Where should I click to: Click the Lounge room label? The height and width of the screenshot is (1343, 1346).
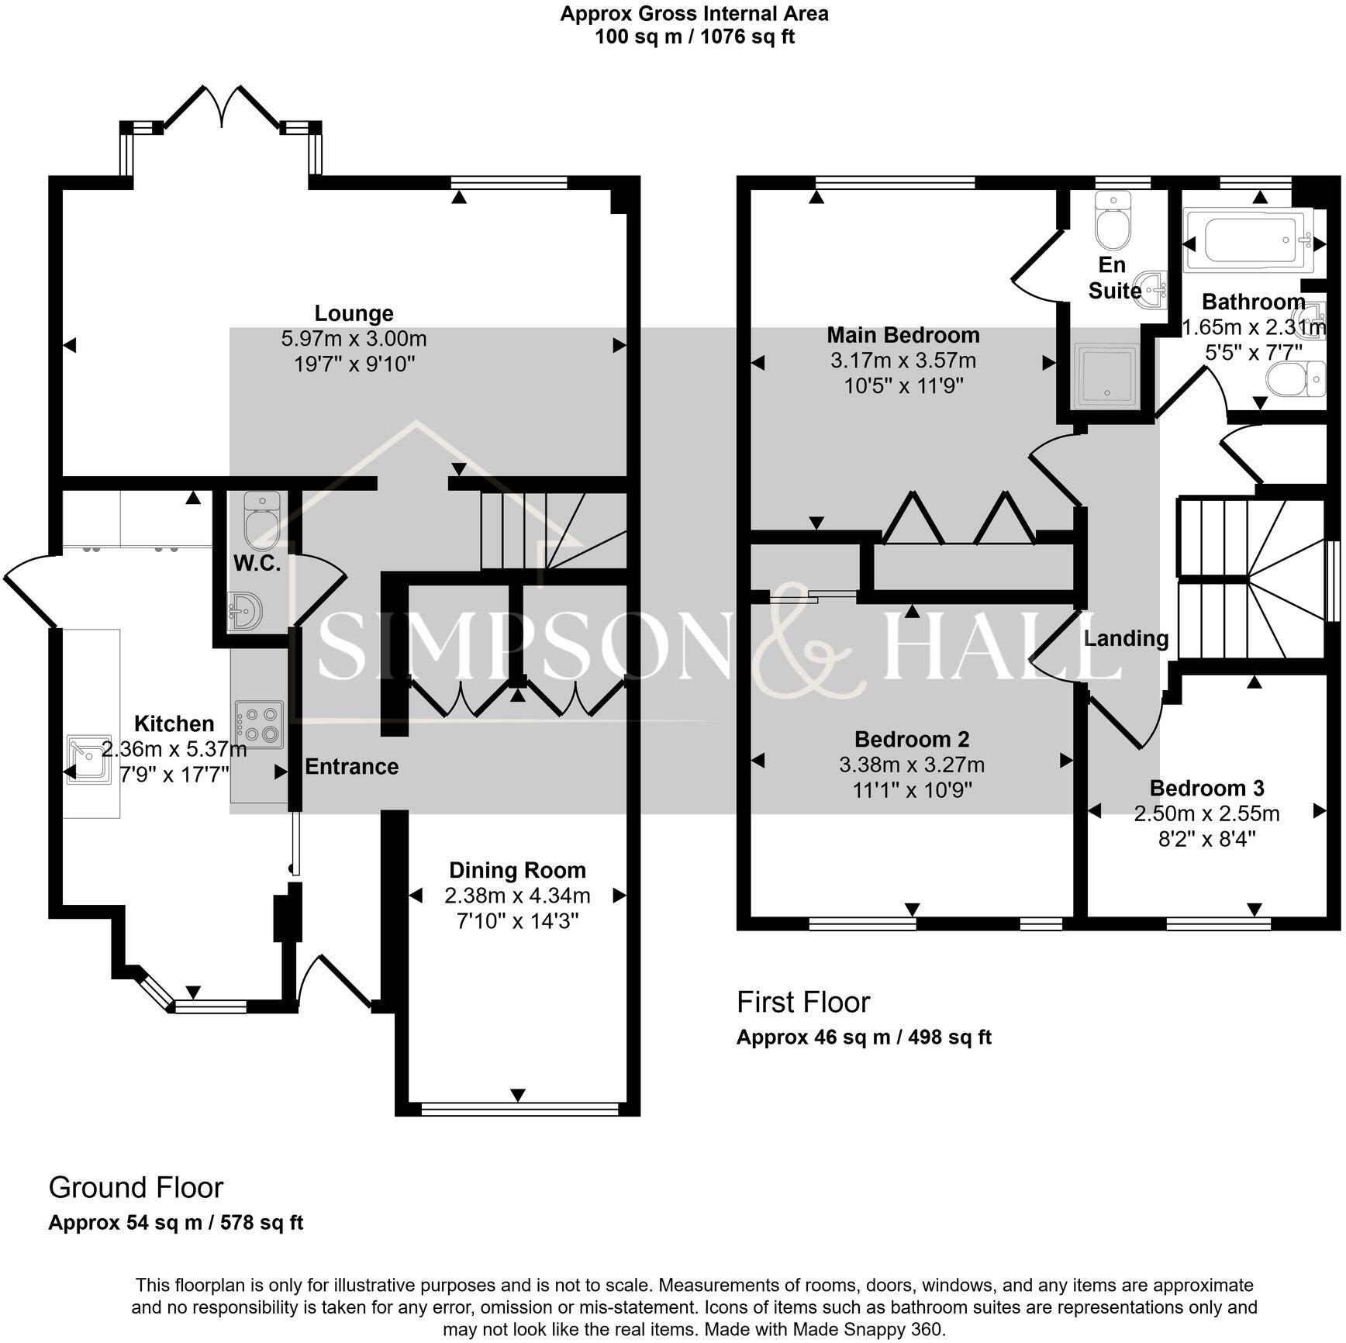pyautogui.click(x=354, y=313)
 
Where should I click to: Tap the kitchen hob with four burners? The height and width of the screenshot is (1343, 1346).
pyautogui.click(x=259, y=726)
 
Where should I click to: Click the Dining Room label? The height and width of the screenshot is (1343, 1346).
pyautogui.click(x=517, y=870)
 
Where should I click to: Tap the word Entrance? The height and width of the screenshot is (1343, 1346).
pyautogui.click(x=352, y=766)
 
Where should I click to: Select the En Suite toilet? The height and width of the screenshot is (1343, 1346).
pyautogui.click(x=1113, y=218)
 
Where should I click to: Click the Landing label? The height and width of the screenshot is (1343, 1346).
pyautogui.click(x=1126, y=638)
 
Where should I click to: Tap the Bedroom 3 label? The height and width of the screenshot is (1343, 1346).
pyautogui.click(x=1206, y=788)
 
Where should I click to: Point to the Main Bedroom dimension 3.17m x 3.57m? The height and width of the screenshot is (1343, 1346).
pyautogui.click(x=903, y=361)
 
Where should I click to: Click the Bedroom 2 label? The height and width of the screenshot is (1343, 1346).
pyautogui.click(x=912, y=739)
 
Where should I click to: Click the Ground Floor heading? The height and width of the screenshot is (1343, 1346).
pyautogui.click(x=136, y=1187)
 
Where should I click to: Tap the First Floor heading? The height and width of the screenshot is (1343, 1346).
pyautogui.click(x=803, y=1002)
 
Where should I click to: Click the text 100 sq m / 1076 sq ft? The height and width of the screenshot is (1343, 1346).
pyautogui.click(x=695, y=36)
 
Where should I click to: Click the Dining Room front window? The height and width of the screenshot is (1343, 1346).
pyautogui.click(x=519, y=1110)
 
